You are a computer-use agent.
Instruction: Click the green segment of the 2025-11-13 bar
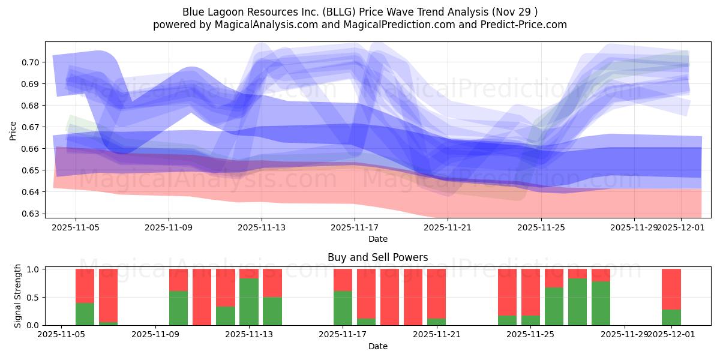pyautogui.click(x=248, y=302)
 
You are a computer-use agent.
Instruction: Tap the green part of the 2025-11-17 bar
pyautogui.click(x=343, y=308)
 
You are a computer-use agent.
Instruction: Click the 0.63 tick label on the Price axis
pyautogui.click(x=31, y=214)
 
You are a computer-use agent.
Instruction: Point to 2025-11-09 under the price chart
pyautogui.click(x=168, y=227)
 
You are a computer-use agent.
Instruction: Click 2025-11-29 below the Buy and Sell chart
pyautogui.click(x=625, y=335)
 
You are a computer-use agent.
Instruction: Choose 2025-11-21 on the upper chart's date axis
pyautogui.click(x=448, y=227)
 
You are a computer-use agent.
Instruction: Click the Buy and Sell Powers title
pyautogui.click(x=377, y=257)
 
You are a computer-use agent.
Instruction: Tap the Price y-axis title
pyautogui.click(x=13, y=130)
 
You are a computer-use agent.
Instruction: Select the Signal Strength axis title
pyautogui.click(x=18, y=296)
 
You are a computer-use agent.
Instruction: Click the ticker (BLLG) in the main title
pyautogui.click(x=320, y=11)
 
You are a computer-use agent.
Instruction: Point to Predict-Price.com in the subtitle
pyautogui.click(x=525, y=25)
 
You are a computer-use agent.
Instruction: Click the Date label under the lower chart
pyautogui.click(x=377, y=346)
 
